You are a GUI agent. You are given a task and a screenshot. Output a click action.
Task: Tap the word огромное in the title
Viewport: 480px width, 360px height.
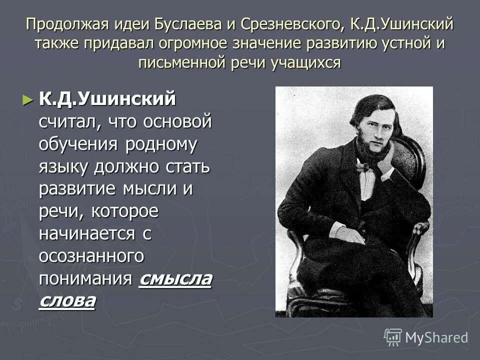click(x=199, y=43)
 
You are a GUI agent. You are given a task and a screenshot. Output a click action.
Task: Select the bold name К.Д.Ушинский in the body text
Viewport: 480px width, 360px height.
click(x=107, y=99)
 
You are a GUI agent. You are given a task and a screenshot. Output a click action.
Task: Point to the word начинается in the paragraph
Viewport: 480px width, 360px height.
click(x=87, y=233)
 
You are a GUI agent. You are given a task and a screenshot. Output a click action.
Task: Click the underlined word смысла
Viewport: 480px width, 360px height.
click(x=175, y=278)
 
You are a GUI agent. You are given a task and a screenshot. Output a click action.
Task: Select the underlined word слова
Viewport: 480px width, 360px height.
click(x=66, y=301)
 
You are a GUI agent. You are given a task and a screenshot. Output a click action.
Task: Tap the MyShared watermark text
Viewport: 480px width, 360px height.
click(x=436, y=337)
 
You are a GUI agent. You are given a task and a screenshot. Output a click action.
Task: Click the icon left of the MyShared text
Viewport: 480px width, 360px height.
click(x=393, y=337)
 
